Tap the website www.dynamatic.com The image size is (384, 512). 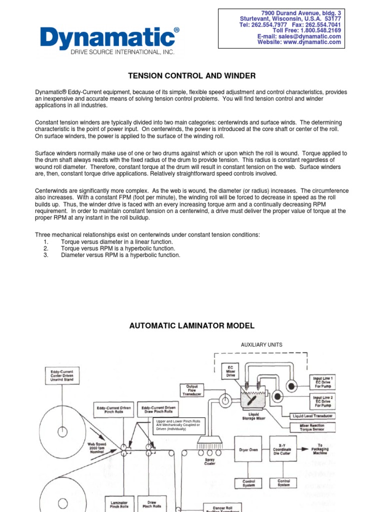299,42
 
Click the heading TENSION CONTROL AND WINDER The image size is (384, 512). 192,76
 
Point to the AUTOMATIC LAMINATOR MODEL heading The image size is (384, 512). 192,326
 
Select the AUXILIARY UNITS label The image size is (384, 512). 261,345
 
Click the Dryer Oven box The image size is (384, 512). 248,450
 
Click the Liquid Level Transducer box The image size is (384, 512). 313,416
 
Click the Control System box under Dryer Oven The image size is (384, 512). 248,483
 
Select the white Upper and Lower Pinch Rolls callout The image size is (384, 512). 178,425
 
